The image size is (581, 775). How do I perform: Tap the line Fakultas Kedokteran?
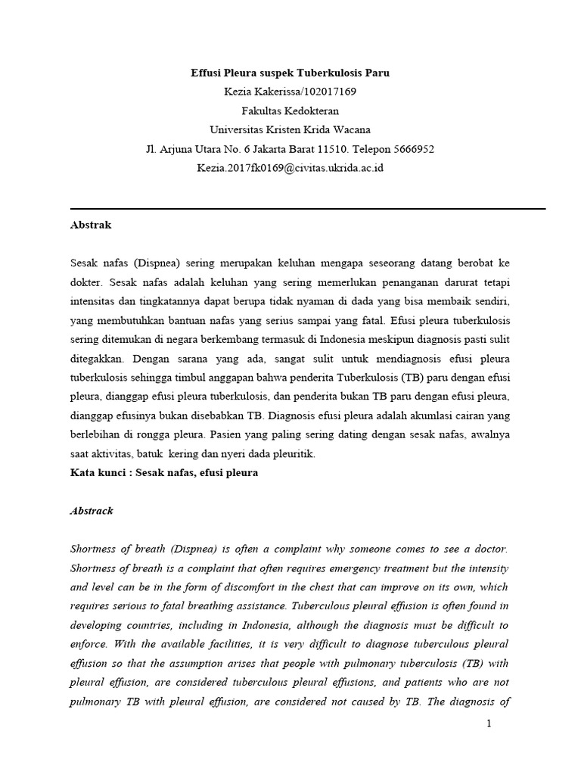tap(290, 110)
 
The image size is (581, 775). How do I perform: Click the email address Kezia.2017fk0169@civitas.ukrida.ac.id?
tap(290, 167)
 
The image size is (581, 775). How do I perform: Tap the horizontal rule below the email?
tap(307, 209)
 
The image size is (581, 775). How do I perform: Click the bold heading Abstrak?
tap(91, 225)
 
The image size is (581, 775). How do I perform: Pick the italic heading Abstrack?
tap(92, 511)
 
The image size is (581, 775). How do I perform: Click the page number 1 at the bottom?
tap(489, 724)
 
